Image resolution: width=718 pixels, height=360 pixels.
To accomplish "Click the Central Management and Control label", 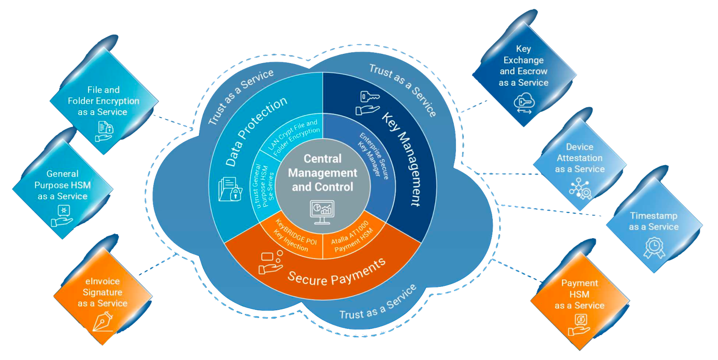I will [x=322, y=172].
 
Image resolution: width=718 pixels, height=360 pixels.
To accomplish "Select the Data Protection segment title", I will [x=256, y=132].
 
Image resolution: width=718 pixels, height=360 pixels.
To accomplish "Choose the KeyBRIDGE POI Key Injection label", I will [x=293, y=237].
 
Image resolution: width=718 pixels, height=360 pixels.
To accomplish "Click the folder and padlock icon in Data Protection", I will [x=230, y=189].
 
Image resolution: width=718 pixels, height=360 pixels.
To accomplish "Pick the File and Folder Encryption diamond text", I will [x=104, y=101].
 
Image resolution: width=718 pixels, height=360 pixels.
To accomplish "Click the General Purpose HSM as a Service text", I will [x=63, y=185].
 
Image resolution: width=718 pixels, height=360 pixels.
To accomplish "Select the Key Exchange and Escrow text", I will [x=523, y=65].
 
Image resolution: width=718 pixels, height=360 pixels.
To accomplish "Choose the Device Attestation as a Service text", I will [x=580, y=158].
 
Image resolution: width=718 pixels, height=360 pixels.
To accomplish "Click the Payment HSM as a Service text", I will [x=579, y=294].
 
